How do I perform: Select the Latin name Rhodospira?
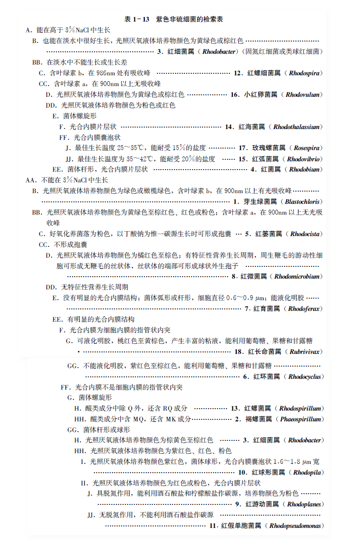(304, 73)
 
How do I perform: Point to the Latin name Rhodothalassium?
(297, 127)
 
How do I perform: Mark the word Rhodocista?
(305, 234)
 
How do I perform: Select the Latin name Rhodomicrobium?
(297, 277)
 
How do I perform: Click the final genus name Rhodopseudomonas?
(294, 526)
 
